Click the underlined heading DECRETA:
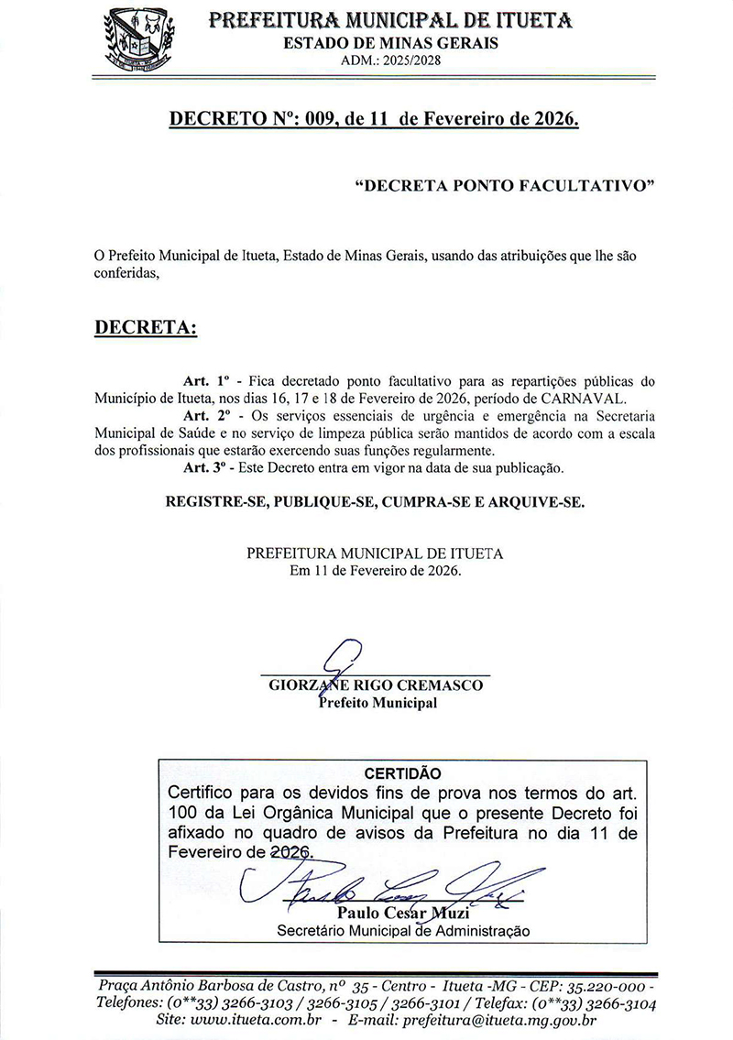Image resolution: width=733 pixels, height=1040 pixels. (x=147, y=327)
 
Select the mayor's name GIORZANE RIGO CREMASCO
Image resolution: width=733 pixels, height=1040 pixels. (x=376, y=685)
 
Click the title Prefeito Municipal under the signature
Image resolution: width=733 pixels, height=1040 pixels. (x=377, y=704)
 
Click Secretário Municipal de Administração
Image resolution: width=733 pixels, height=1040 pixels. (x=403, y=931)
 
